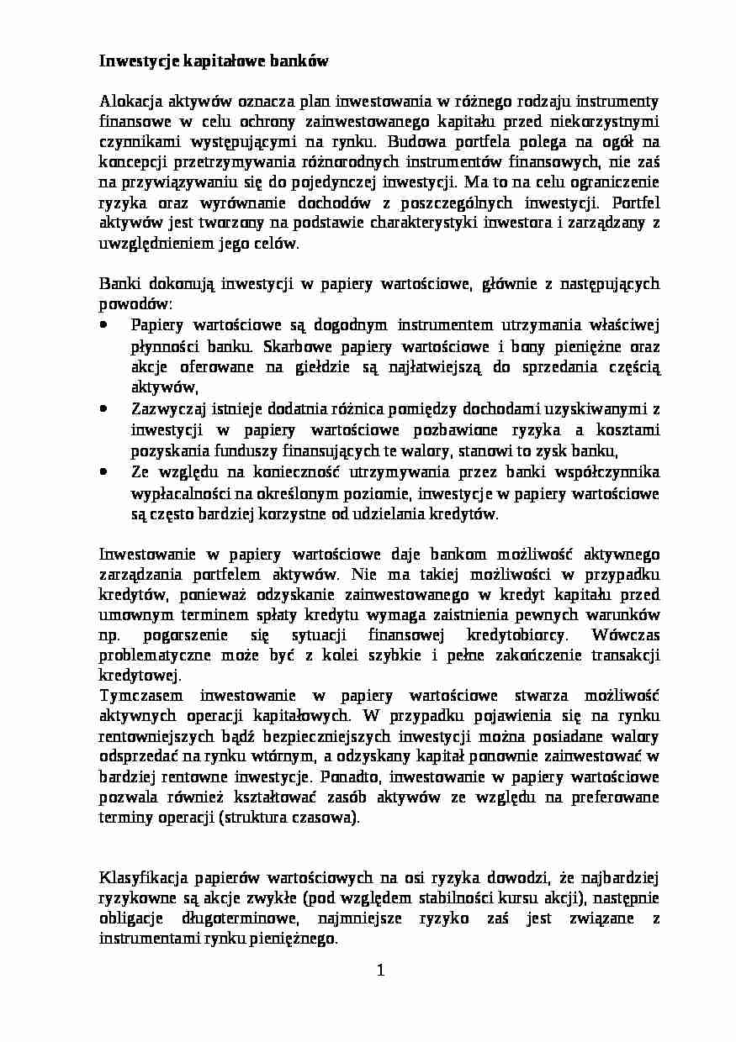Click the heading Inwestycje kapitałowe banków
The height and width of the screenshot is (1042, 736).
pos(214,61)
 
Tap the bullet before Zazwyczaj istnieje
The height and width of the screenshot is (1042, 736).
pos(103,409)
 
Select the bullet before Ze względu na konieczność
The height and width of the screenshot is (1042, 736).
pos(103,472)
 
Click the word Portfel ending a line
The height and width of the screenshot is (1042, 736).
pos(636,203)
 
